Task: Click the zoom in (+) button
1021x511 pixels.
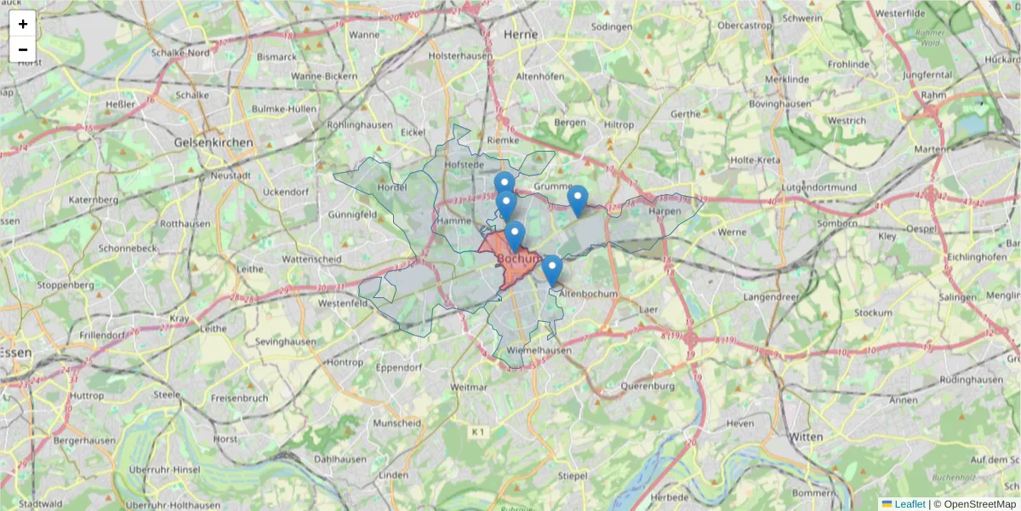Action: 23,24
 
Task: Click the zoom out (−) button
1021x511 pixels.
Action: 23,49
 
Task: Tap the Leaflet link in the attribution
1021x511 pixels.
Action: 909,504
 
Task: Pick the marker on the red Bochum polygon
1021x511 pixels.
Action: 514,237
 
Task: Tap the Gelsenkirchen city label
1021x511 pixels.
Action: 213,142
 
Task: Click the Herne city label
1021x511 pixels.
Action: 521,34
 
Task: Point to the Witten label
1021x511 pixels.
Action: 806,437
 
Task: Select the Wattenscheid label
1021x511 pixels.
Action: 311,258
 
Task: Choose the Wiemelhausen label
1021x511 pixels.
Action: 539,350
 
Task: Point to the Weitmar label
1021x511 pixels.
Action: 470,387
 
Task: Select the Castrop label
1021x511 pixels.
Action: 744,26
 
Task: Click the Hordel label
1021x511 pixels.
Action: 392,187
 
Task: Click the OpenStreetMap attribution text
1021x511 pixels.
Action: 979,504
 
